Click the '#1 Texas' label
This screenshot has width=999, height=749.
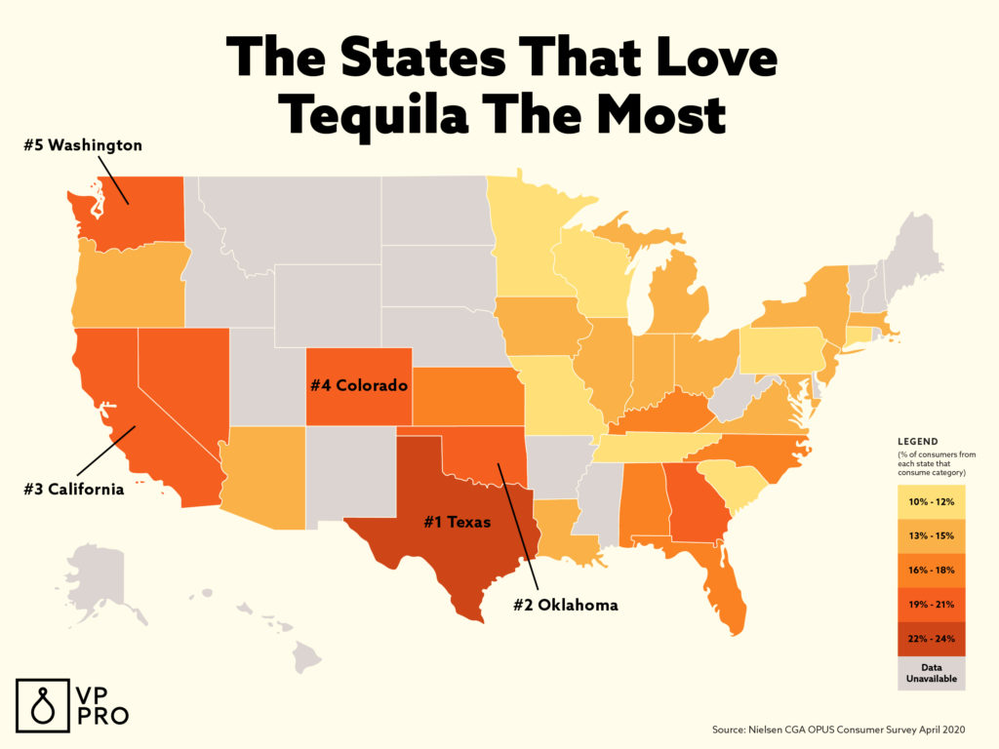(x=457, y=522)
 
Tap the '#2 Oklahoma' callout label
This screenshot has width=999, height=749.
(x=566, y=606)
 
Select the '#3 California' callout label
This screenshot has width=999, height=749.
(x=74, y=489)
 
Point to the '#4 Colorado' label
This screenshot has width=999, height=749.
(x=358, y=385)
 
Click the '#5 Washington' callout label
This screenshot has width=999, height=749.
(x=83, y=145)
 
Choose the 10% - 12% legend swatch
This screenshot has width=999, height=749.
(x=931, y=502)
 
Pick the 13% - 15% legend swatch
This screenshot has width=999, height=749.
(x=931, y=535)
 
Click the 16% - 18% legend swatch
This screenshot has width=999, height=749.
(x=931, y=570)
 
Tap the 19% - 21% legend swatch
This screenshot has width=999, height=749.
(x=931, y=604)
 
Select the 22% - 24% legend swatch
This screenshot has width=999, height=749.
(x=931, y=637)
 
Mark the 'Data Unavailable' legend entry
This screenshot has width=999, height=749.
(x=931, y=672)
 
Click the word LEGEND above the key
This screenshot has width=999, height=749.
(x=917, y=441)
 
